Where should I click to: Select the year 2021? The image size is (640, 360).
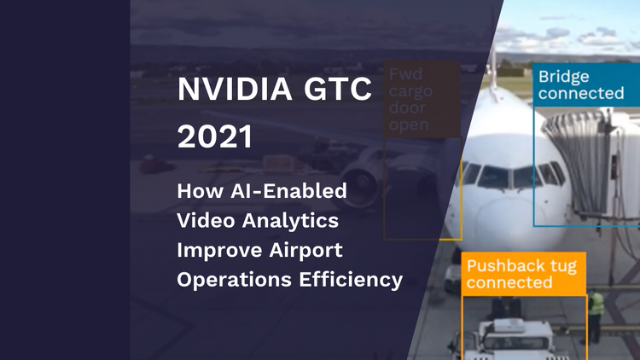tap(216, 137)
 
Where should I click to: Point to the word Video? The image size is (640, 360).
tap(202, 220)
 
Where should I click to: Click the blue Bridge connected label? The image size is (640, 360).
tap(580, 84)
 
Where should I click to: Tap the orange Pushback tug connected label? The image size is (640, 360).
tap(523, 274)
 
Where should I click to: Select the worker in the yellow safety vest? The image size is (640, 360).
tap(596, 307)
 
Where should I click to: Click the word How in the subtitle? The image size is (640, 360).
tap(195, 190)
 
